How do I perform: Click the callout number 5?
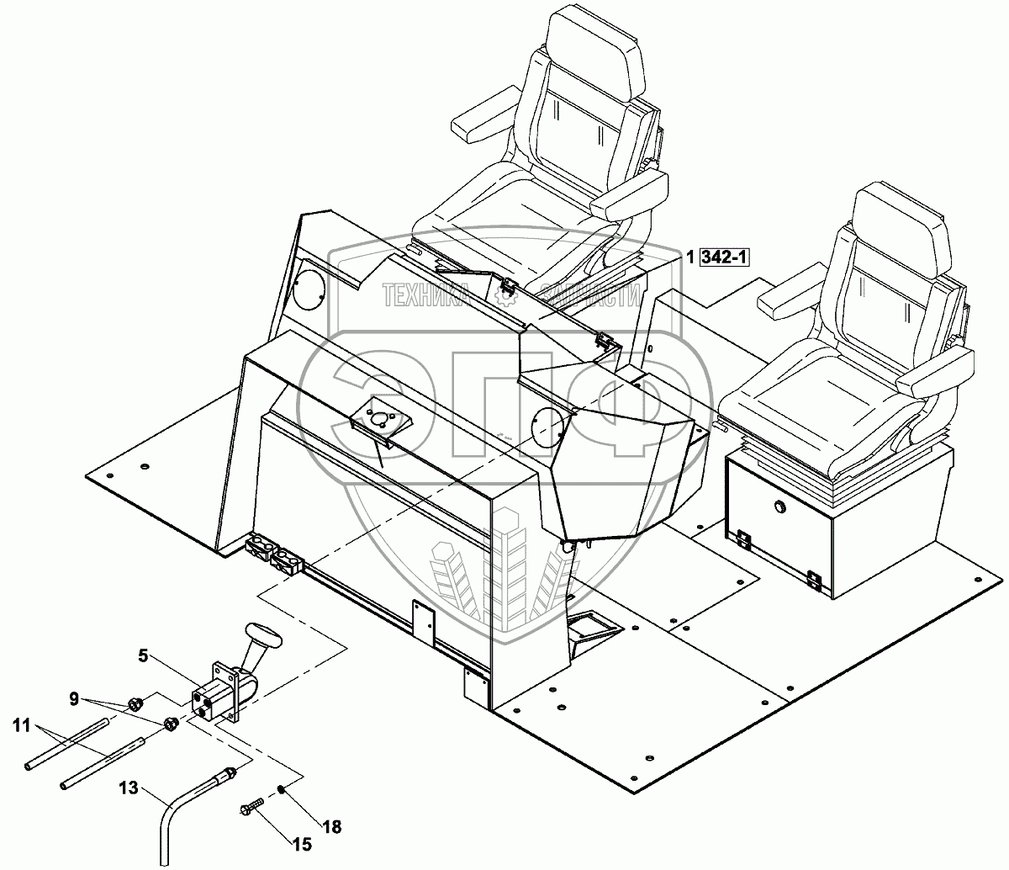pos(144,654)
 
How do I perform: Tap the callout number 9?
pos(75,698)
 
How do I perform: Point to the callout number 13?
pos(128,789)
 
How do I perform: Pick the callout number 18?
pos(332,827)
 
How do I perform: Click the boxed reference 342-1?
pos(723,258)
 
